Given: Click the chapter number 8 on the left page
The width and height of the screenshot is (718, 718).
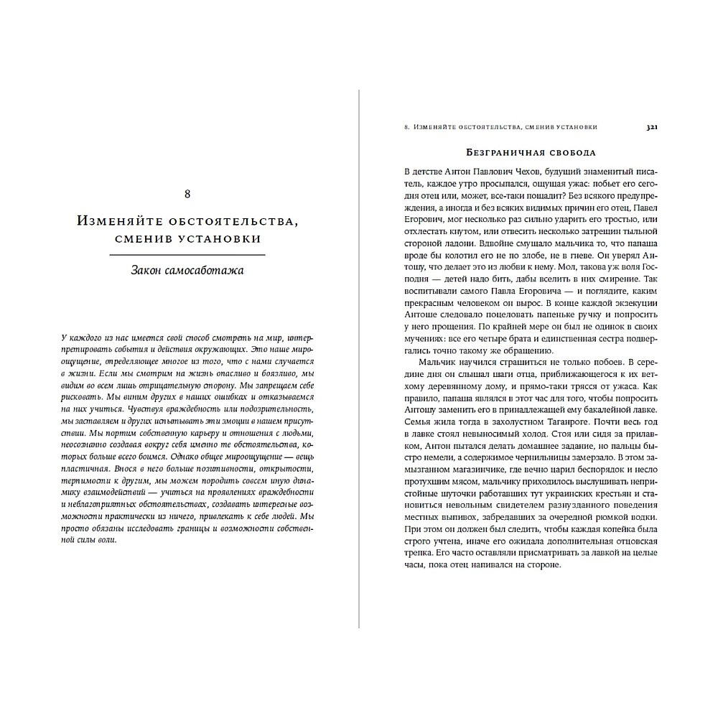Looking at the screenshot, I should click(187, 194).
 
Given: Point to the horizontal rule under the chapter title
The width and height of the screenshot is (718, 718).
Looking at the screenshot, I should click(187, 255).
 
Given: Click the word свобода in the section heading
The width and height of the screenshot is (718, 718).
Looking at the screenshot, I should click(571, 153).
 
